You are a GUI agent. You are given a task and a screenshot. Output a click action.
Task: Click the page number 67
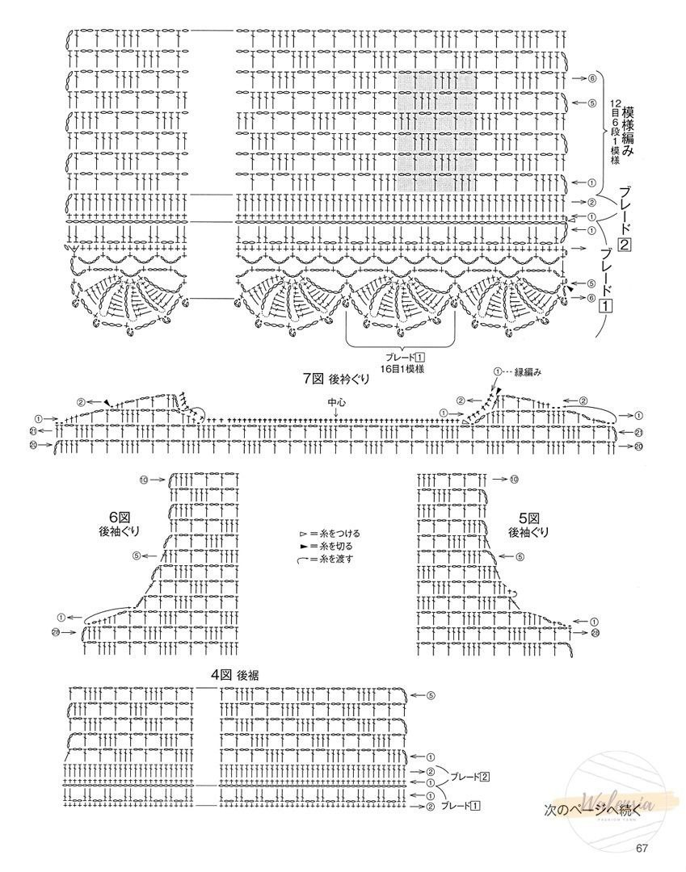click(643, 848)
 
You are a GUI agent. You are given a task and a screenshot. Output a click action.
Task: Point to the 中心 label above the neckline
click(335, 401)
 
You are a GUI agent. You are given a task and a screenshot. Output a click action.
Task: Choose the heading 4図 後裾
click(240, 675)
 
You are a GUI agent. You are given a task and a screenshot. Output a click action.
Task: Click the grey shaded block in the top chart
click(436, 132)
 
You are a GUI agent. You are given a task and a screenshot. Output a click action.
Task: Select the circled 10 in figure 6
click(143, 480)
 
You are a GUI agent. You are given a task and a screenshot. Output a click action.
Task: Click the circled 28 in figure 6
click(56, 631)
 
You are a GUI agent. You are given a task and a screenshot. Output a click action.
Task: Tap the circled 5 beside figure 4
click(431, 695)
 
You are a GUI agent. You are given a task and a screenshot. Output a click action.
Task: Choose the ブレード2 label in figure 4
click(470, 777)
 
